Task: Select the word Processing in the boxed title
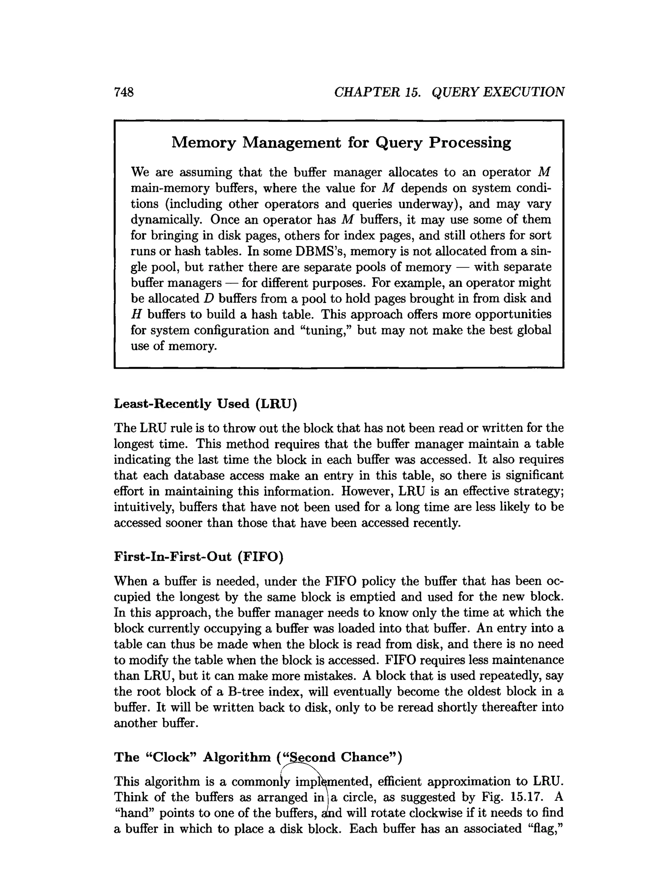point(470,142)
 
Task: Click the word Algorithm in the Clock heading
point(237,757)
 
